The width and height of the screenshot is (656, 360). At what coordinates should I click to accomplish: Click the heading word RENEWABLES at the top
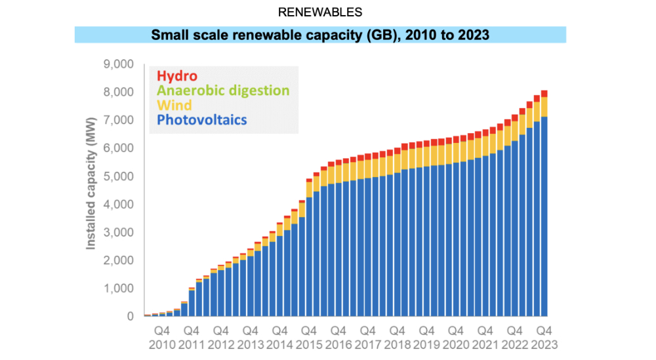point(320,12)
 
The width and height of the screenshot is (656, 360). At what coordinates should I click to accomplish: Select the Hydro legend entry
point(174,76)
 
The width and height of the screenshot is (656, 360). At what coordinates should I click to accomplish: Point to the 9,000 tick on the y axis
point(119,64)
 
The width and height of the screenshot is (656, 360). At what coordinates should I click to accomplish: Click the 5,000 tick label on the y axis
point(119,176)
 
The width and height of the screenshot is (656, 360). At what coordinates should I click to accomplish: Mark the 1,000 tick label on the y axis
point(119,289)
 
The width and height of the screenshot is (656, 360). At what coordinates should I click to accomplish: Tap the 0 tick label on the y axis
point(130,317)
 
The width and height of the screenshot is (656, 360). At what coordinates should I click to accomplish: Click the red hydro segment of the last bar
point(544,93)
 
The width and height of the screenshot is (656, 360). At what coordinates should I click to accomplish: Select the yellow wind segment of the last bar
point(544,107)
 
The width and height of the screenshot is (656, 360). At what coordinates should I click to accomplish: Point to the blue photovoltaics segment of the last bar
point(544,216)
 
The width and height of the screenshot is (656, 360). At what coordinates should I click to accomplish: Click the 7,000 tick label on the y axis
point(119,121)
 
